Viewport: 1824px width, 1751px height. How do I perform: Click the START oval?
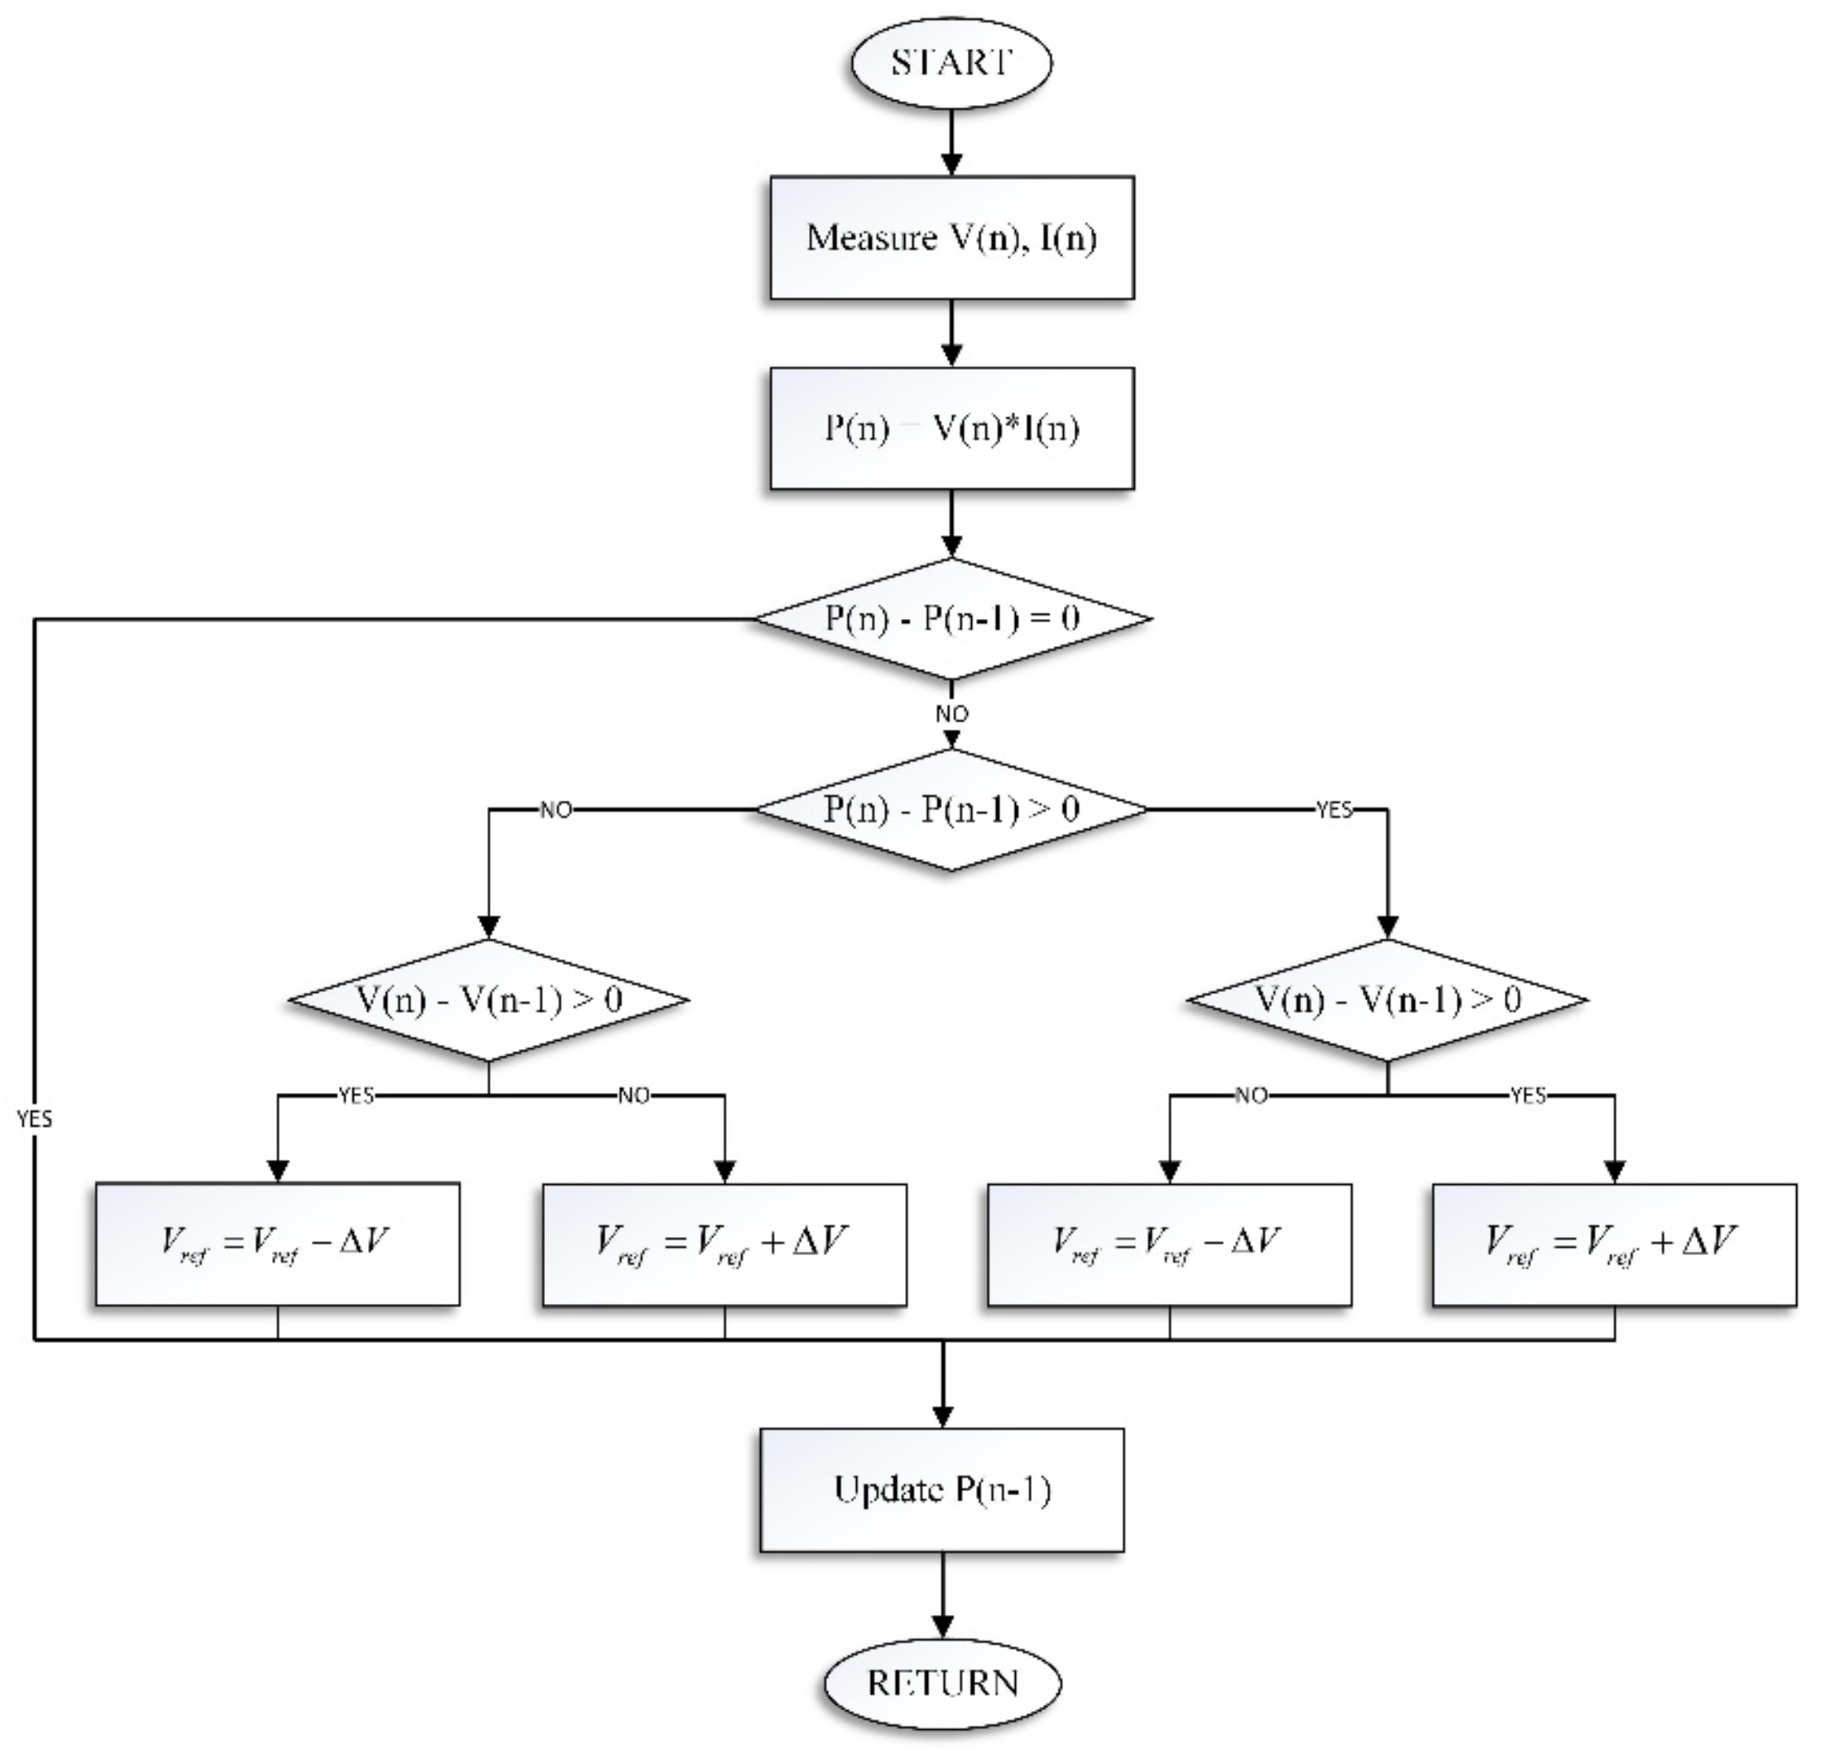950,63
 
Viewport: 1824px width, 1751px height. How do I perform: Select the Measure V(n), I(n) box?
951,238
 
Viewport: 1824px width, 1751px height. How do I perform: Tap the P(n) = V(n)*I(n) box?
951,429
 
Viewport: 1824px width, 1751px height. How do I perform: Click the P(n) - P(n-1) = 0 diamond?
951,619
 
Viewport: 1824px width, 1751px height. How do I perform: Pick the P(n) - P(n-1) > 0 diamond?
951,810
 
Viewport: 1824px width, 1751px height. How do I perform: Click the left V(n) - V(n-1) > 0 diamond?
489,1000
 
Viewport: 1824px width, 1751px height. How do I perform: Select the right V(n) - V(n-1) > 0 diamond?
1387,1000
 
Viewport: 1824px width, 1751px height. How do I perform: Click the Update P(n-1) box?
942,1490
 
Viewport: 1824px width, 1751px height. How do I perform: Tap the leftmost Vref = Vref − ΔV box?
276,1244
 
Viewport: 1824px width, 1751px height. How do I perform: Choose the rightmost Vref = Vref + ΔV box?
1614,1244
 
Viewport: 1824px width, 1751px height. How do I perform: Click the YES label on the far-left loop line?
34,1118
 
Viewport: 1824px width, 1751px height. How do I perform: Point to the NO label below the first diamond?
951,713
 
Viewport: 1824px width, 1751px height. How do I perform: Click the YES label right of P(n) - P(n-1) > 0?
1334,810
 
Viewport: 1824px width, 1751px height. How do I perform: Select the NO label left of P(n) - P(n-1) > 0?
556,810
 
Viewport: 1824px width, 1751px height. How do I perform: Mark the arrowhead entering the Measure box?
951,165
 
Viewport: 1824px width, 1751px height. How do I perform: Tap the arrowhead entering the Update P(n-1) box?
942,1417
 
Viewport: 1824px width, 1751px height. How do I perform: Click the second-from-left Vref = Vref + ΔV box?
724,1244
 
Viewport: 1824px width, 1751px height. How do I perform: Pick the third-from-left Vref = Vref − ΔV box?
1169,1244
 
